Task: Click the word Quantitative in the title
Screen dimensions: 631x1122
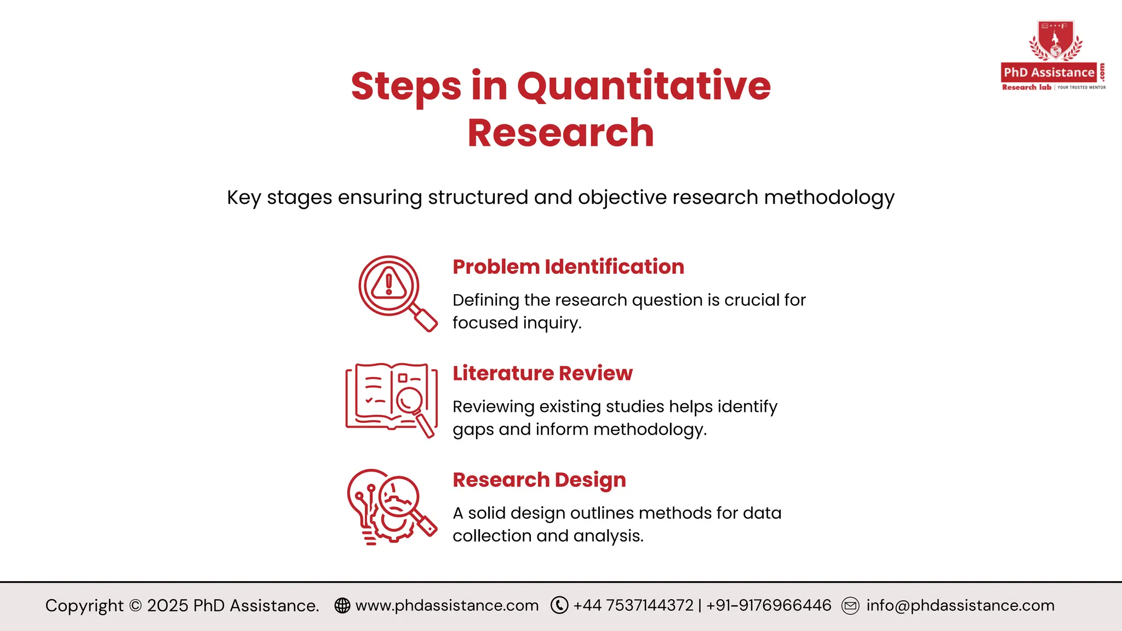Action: pyautogui.click(x=644, y=87)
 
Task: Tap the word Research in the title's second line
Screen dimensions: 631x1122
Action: pyautogui.click(x=560, y=133)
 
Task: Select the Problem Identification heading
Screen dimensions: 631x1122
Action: pyautogui.click(x=568, y=267)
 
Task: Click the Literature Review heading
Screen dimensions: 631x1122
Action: pyautogui.click(x=542, y=373)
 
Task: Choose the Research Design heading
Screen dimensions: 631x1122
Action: pyautogui.click(x=539, y=480)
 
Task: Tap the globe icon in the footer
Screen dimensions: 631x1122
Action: pyautogui.click(x=342, y=605)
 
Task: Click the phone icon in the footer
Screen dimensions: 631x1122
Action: pyautogui.click(x=559, y=605)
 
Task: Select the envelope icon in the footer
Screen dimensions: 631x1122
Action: pyautogui.click(x=850, y=606)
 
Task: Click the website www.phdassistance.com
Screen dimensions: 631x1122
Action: pyautogui.click(x=447, y=605)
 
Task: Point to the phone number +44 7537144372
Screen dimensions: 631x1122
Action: pyautogui.click(x=633, y=605)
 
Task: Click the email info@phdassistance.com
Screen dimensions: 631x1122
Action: pyautogui.click(x=960, y=605)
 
